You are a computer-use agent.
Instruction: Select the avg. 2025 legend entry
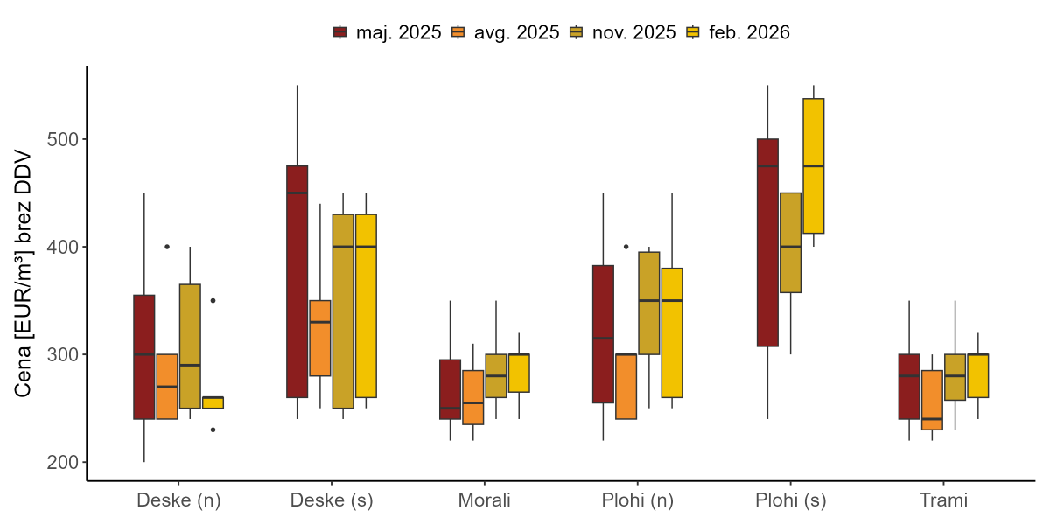pyautogui.click(x=504, y=32)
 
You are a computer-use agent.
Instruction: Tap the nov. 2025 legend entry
pyautogui.click(x=621, y=32)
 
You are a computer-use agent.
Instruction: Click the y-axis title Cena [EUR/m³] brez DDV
pyautogui.click(x=24, y=274)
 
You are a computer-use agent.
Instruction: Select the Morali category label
pyautogui.click(x=484, y=501)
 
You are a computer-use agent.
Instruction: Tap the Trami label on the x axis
pyautogui.click(x=943, y=501)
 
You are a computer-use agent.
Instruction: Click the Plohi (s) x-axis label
pyautogui.click(x=790, y=501)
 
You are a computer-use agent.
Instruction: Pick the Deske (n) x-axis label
pyautogui.click(x=178, y=501)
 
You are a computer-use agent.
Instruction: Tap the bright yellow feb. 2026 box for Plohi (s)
pyautogui.click(x=814, y=166)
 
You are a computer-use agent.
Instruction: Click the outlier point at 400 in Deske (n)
pyautogui.click(x=167, y=247)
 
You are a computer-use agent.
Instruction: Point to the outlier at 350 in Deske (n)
pyautogui.click(x=213, y=300)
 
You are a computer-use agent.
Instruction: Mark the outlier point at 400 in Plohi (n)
pyautogui.click(x=626, y=247)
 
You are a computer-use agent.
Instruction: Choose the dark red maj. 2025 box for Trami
pyautogui.click(x=909, y=387)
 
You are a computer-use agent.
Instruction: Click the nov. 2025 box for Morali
pyautogui.click(x=496, y=376)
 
